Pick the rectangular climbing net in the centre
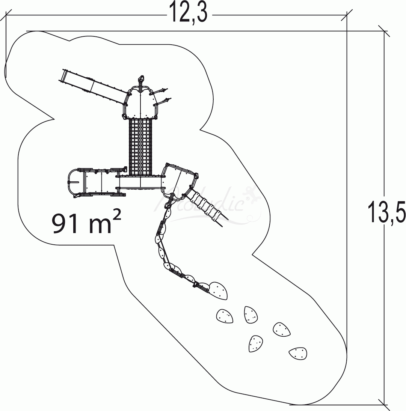(x=141, y=146)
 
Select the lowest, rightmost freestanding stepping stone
(x=298, y=353)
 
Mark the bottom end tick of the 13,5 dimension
(x=384, y=405)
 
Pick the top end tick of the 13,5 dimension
(x=384, y=31)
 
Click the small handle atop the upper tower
(x=141, y=79)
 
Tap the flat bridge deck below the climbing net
(x=141, y=182)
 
